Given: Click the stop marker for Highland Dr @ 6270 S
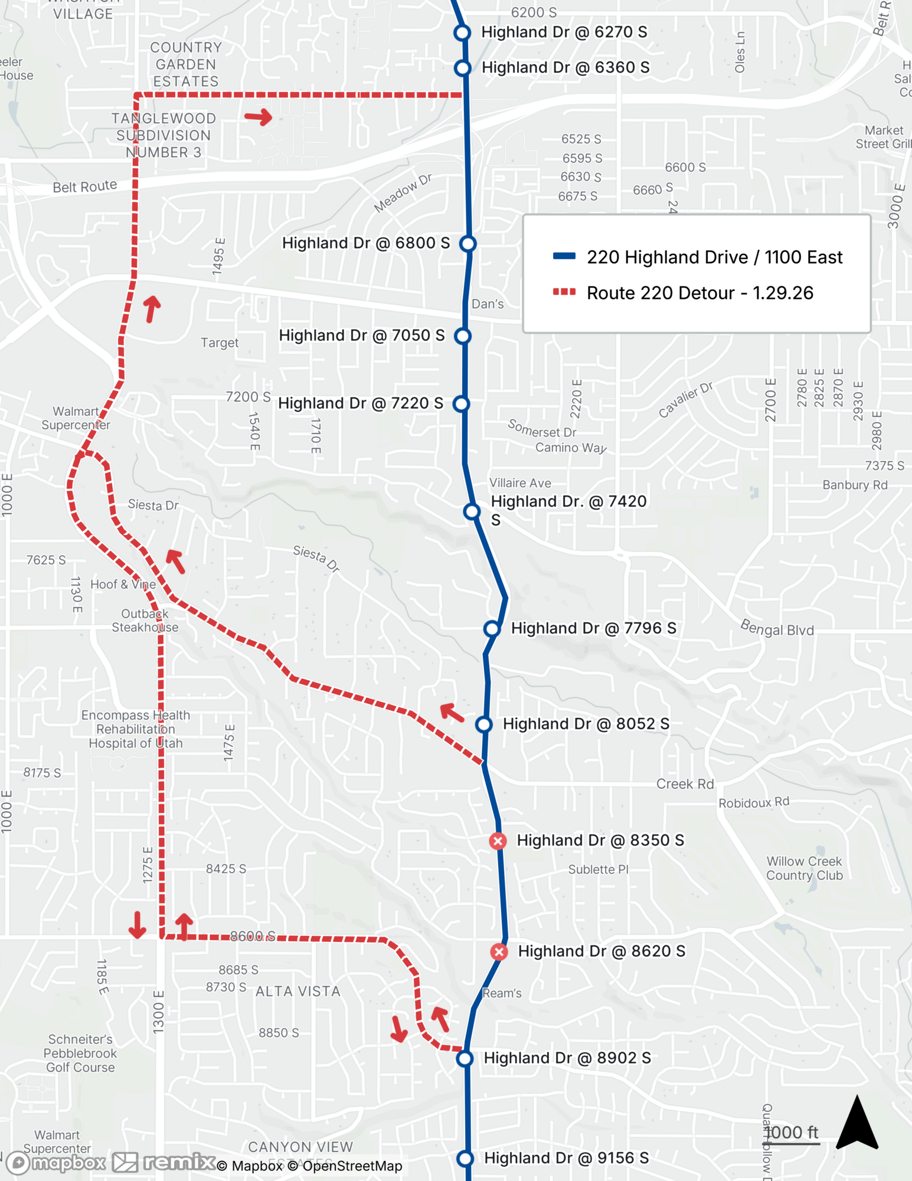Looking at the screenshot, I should [462, 32].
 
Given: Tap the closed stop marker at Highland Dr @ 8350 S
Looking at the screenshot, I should [498, 841].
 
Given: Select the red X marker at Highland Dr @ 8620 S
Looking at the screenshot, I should [499, 952].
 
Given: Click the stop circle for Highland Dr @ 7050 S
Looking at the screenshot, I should [463, 336].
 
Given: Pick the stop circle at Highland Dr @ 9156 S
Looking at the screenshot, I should [465, 1159].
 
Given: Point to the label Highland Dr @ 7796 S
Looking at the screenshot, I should [593, 628].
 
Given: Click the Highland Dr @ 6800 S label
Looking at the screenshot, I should [366, 243].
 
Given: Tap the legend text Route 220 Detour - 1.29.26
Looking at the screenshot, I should [699, 293].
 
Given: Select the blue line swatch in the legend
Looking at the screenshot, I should [564, 256].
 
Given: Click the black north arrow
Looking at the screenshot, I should [857, 1124].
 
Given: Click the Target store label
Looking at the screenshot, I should [220, 343].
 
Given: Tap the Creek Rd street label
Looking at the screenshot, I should [685, 784].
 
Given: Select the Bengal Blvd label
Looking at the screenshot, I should [777, 628].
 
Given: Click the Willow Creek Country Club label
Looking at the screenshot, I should [804, 869].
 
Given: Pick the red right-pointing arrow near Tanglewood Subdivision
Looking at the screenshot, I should [259, 117].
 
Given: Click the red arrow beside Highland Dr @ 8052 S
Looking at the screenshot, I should [452, 713].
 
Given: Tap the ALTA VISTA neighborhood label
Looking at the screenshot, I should [298, 991].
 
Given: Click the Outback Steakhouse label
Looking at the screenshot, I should [145, 621].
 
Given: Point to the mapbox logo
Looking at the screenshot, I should [56, 1163].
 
